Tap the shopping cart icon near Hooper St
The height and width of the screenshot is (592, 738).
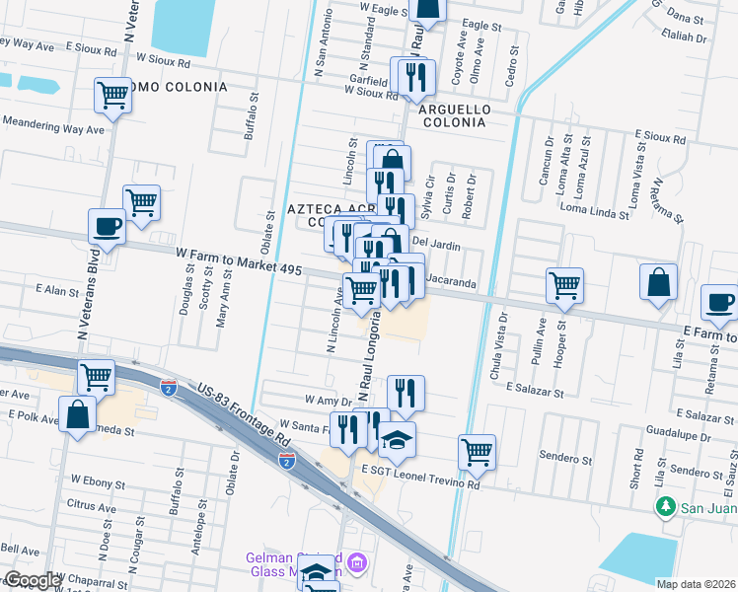[x=564, y=286]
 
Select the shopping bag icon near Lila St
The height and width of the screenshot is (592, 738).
[x=658, y=282]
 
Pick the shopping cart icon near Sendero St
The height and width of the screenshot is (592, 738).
[x=477, y=452]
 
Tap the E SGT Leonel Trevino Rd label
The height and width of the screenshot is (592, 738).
[x=420, y=471]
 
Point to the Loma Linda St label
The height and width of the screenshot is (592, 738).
[x=594, y=210]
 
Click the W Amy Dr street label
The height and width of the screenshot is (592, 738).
[x=329, y=402]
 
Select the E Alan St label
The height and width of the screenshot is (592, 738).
[x=56, y=290]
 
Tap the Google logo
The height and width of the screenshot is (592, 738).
[x=32, y=581]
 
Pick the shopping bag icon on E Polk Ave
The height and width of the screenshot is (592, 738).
[x=77, y=415]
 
